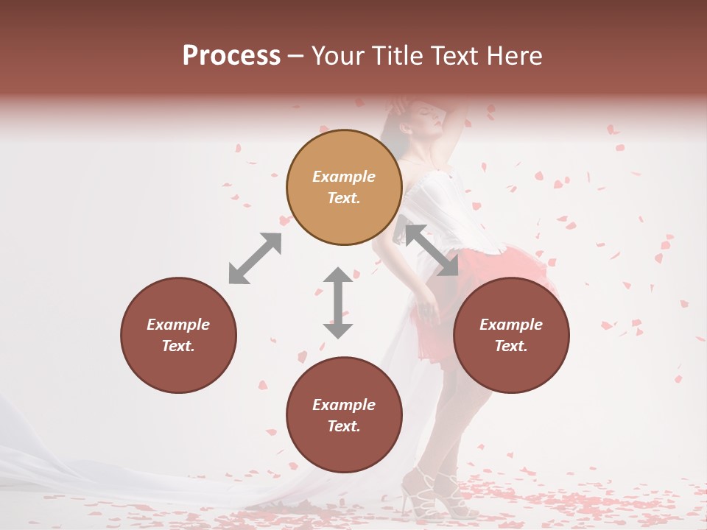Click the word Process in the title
[x=231, y=56]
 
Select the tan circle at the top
[x=344, y=188]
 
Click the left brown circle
[x=178, y=335]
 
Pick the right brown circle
[x=511, y=335]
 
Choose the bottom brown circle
[x=344, y=415]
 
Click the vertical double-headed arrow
[x=338, y=303]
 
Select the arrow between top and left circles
[x=255, y=258]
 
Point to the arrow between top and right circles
[x=432, y=251]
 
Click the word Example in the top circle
[x=344, y=177]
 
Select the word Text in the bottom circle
[x=344, y=426]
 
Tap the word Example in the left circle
[x=178, y=325]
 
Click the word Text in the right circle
[x=511, y=346]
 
